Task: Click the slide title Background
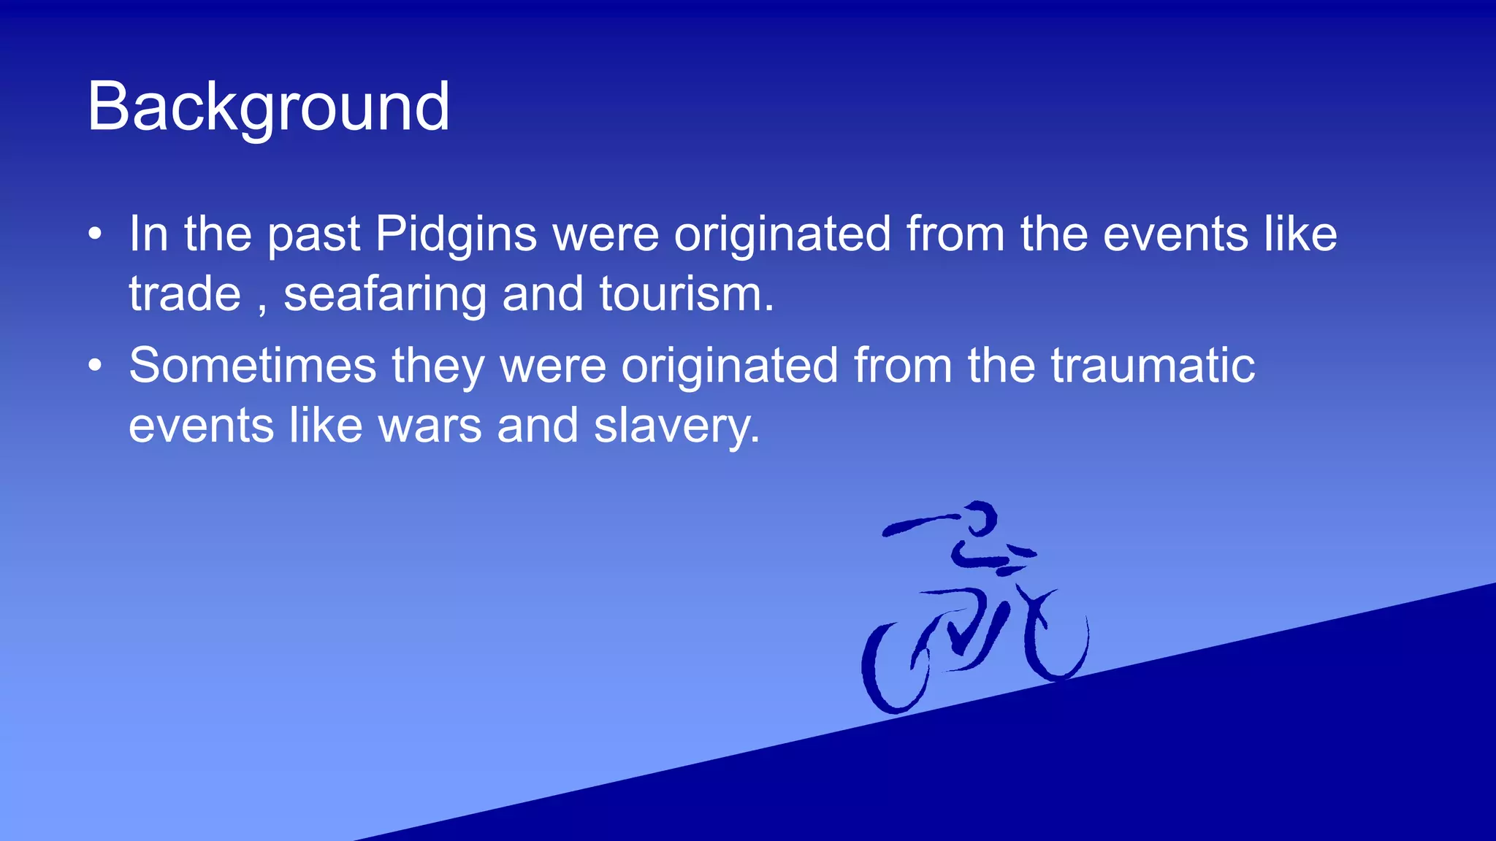(268, 107)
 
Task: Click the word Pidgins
(456, 235)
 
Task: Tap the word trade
(185, 294)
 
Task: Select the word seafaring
(385, 296)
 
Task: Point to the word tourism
(686, 294)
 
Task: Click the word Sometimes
(252, 365)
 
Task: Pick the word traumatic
(1153, 365)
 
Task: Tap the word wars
(430, 426)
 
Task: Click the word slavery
(676, 427)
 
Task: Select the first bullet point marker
(95, 234)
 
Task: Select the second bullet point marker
(95, 365)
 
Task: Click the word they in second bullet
(438, 366)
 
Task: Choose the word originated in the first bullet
(782, 235)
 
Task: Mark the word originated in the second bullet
(729, 366)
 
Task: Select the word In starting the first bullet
(148, 234)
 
